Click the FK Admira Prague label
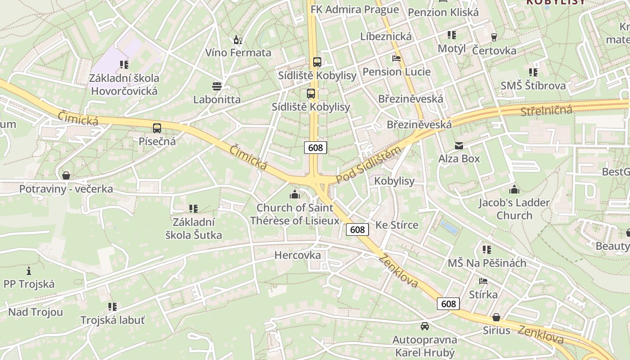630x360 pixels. [x=355, y=9]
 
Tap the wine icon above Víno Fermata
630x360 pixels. [x=238, y=40]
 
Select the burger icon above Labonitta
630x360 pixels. [x=217, y=86]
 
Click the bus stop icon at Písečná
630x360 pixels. [x=157, y=128]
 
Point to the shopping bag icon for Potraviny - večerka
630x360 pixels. [x=66, y=175]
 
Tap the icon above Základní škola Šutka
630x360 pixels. [x=193, y=209]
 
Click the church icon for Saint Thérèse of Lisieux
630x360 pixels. [x=295, y=194]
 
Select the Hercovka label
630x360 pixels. [x=297, y=255]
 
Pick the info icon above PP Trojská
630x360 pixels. [x=29, y=271]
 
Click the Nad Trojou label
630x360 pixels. [x=36, y=312]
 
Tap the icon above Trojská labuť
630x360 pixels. [x=112, y=307]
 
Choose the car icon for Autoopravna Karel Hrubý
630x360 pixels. [x=424, y=326]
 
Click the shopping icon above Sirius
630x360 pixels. [x=496, y=317]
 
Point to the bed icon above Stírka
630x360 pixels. [x=483, y=282]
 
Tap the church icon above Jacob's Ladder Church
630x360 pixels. [x=514, y=189]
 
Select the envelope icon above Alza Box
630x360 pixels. [x=459, y=146]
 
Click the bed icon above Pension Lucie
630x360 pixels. [x=396, y=58]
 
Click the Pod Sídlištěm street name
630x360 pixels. [x=369, y=165]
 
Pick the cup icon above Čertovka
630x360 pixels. [x=494, y=37]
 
